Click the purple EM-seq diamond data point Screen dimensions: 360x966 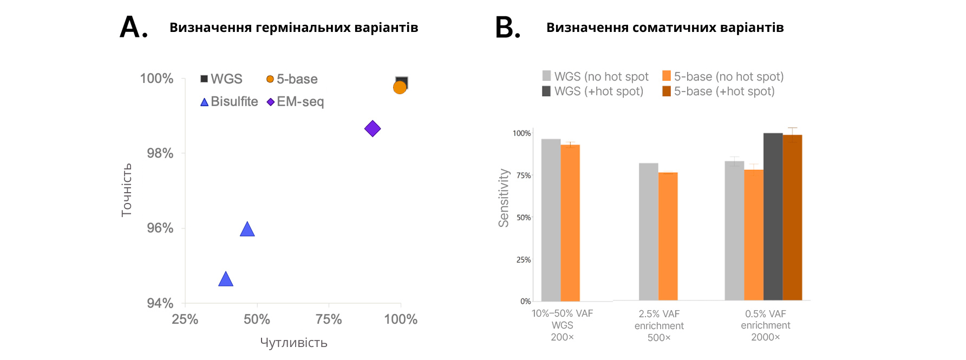pos(373,129)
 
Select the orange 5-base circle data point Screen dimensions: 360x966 pos(400,87)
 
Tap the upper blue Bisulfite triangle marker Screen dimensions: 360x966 pos(247,230)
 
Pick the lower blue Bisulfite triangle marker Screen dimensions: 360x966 pos(226,279)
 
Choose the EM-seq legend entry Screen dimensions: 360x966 pos(295,102)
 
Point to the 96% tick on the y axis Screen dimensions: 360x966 pos(160,228)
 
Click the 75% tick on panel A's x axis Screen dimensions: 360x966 pos(329,319)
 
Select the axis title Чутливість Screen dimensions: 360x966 pos(293,343)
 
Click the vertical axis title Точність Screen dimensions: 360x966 pos(126,190)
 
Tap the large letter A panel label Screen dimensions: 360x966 pos(133,27)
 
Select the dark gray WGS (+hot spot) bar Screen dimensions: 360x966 pos(773,217)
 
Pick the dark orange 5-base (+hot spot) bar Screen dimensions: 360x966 pos(792,218)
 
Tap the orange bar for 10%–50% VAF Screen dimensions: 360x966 pos(570,222)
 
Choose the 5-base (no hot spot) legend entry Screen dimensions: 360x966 pos(723,76)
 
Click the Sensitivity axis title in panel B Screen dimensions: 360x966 pos(504,198)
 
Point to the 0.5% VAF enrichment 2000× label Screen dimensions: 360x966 pos(765,325)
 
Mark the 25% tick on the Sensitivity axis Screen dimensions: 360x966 pos(523,260)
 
